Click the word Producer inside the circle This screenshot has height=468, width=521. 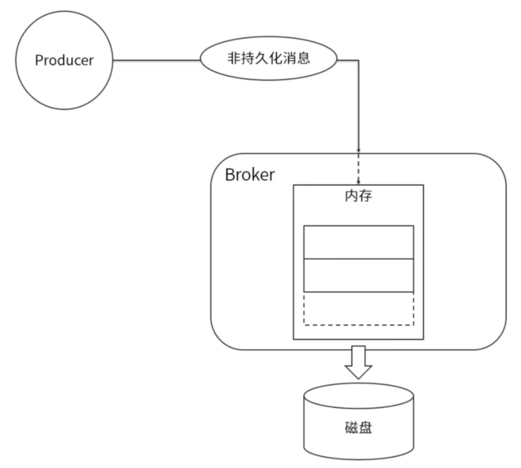tap(64, 60)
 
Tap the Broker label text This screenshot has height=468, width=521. tap(250, 175)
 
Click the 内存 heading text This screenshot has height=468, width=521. tap(358, 196)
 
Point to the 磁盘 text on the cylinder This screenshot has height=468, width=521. tap(358, 427)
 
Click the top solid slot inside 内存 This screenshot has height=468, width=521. tap(358, 242)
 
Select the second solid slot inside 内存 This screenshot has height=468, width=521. tap(358, 275)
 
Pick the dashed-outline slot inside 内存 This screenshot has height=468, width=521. tap(358, 309)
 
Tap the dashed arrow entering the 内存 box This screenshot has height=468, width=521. tap(358, 169)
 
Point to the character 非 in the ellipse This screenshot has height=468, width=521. tap(234, 58)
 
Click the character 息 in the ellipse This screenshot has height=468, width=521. tap(303, 58)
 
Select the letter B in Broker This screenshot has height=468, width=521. tap(230, 175)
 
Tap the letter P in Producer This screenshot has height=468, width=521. tap(39, 60)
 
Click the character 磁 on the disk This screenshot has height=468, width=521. tap(351, 427)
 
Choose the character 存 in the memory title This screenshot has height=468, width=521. tap(365, 196)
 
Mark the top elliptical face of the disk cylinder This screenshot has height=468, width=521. tap(358, 395)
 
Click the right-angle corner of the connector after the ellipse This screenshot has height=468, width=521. tap(358, 60)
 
